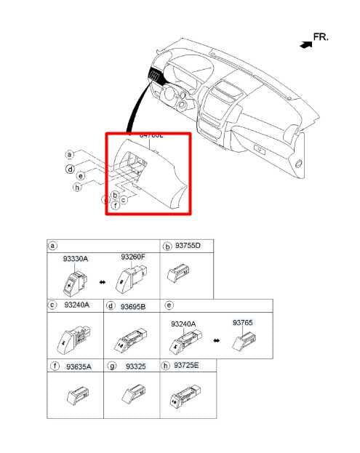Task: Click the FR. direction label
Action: tap(321, 36)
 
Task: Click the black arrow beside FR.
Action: tap(304, 44)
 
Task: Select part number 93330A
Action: tap(75, 259)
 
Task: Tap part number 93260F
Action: tap(133, 257)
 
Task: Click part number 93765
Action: tap(243, 322)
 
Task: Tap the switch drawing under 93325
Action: tap(132, 394)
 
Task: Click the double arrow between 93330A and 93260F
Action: tap(101, 281)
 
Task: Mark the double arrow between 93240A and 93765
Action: tap(215, 340)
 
